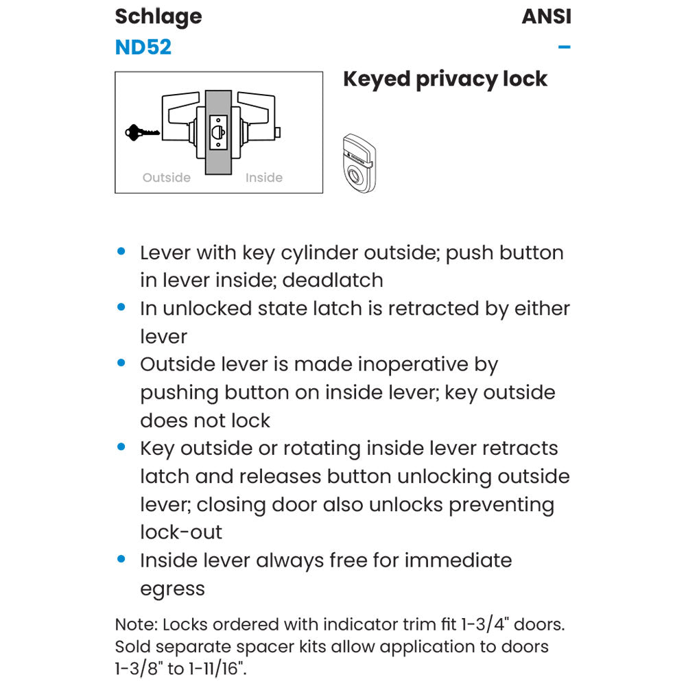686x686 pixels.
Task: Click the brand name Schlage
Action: coord(158,16)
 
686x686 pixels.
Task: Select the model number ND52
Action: coord(143,47)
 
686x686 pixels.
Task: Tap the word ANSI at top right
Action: coord(546,16)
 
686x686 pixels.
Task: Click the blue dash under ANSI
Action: coord(565,47)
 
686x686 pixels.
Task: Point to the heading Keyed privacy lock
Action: coord(445,79)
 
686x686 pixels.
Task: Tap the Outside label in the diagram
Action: coord(166,178)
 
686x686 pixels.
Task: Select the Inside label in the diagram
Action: coord(264,178)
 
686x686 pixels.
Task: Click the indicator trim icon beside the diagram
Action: coord(359,163)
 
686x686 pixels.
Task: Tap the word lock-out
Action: coord(181,532)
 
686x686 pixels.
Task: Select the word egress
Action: coord(172,589)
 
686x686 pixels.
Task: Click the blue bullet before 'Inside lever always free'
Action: coord(121,560)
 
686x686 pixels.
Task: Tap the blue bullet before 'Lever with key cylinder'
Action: coord(121,252)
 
